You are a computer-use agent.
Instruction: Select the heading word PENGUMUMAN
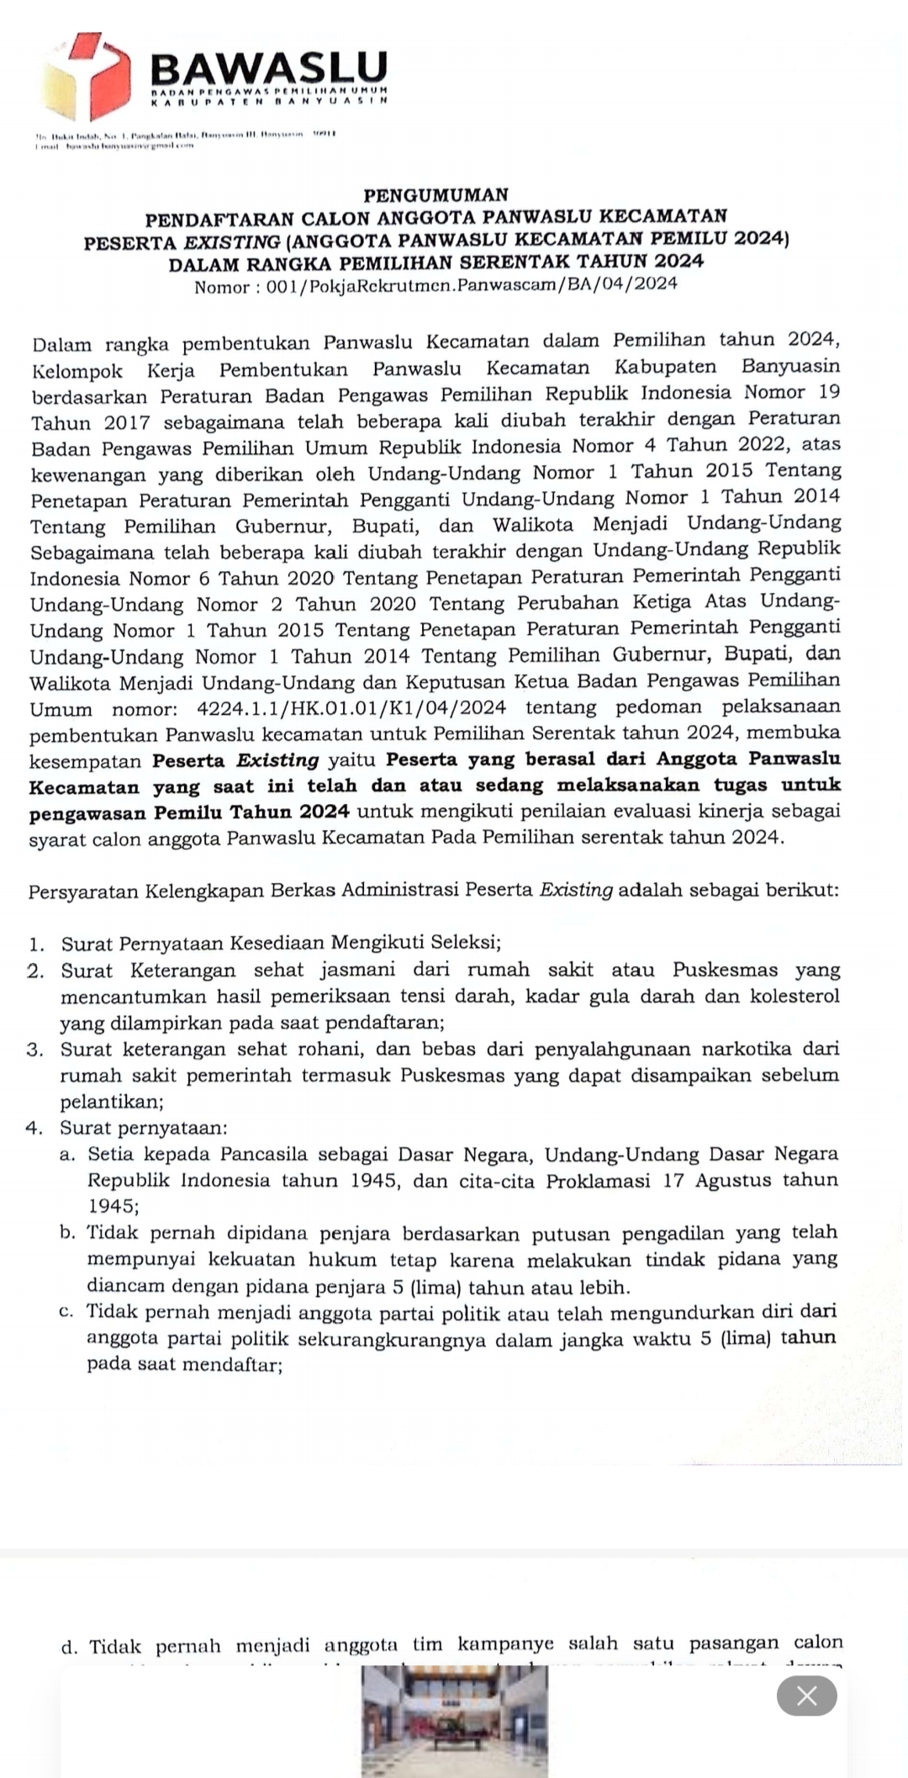(x=436, y=195)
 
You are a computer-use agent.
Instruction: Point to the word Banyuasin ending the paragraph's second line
(x=790, y=367)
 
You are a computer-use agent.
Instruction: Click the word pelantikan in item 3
(x=110, y=1102)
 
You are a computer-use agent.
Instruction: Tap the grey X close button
(x=806, y=1696)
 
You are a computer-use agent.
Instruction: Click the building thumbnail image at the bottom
(x=454, y=1721)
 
